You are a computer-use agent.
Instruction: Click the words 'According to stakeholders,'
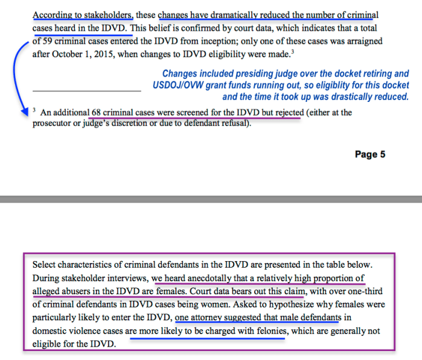tap(83, 14)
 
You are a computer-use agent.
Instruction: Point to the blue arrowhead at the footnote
tap(27, 113)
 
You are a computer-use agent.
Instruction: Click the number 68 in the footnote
tap(97, 113)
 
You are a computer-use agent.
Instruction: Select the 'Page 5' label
tap(369, 155)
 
